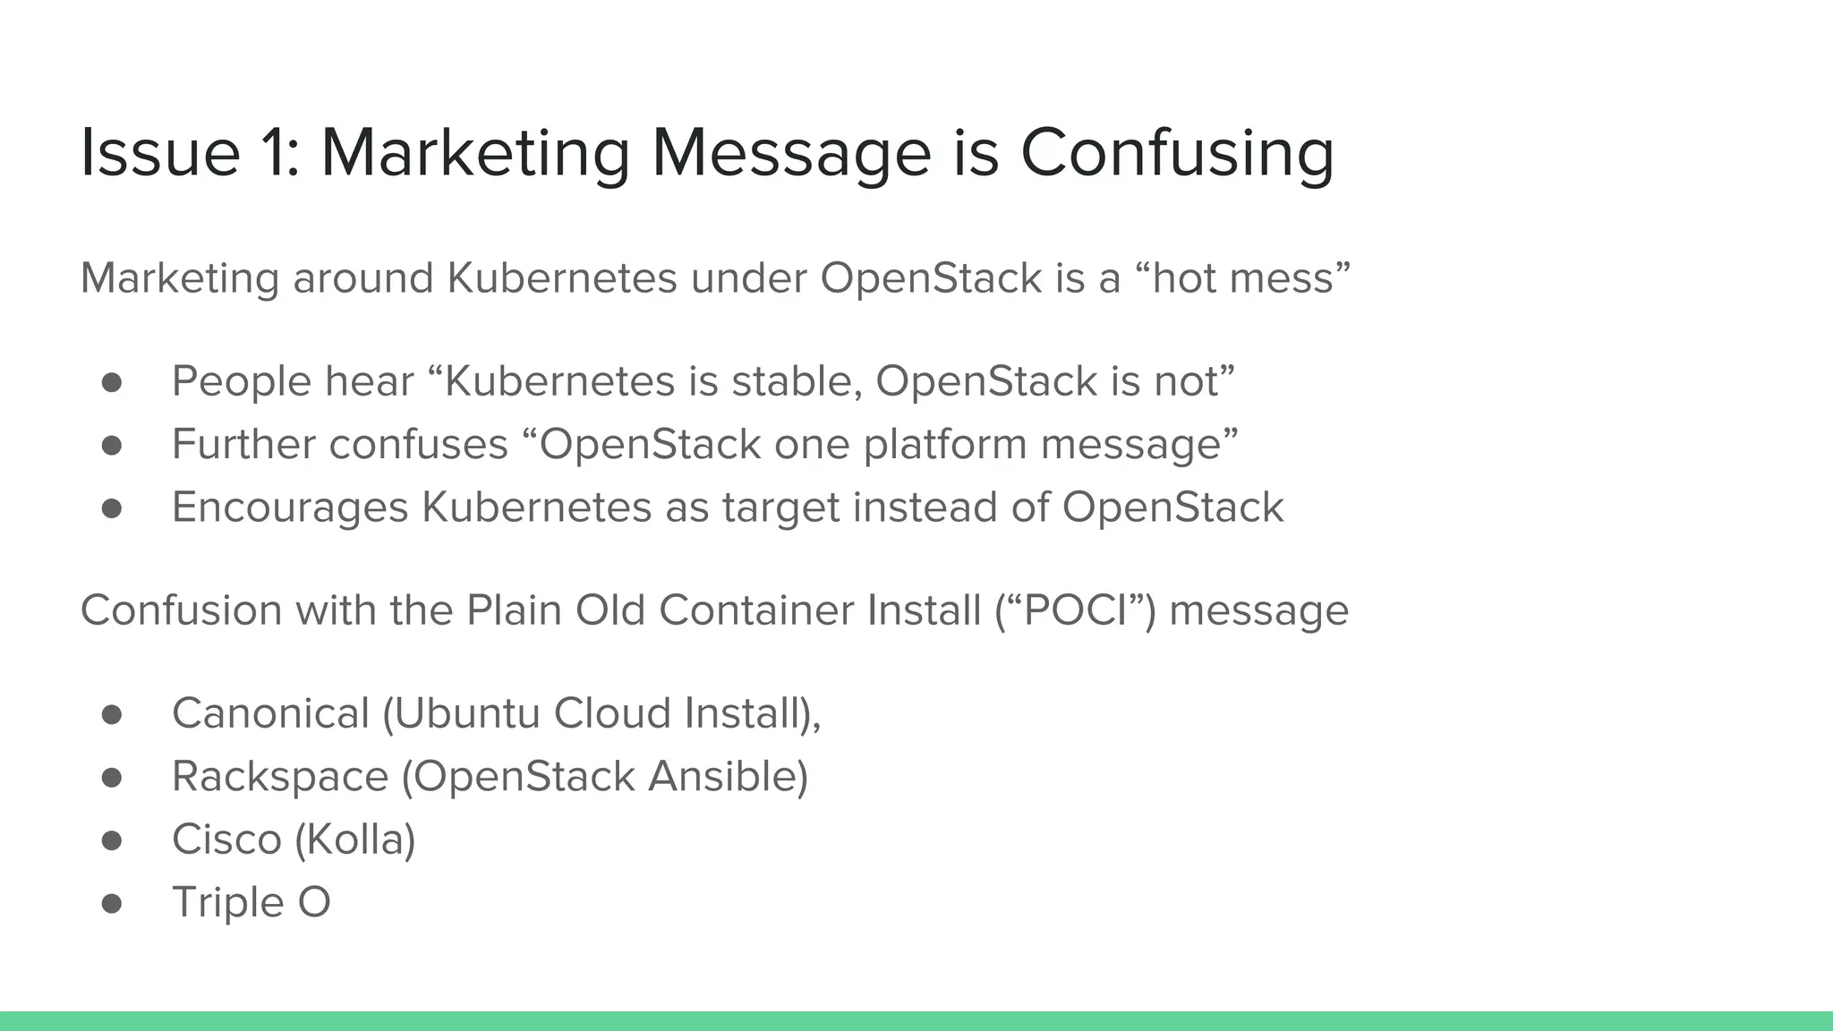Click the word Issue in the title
pyautogui.click(x=160, y=153)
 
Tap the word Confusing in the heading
pyautogui.click(x=1177, y=153)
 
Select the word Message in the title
pyautogui.click(x=791, y=153)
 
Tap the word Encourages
pyautogui.click(x=289, y=507)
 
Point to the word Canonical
pyautogui.click(x=270, y=713)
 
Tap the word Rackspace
pyautogui.click(x=280, y=776)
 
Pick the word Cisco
pyautogui.click(x=226, y=839)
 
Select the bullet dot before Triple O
pyautogui.click(x=112, y=903)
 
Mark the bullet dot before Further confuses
pyautogui.click(x=112, y=446)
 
